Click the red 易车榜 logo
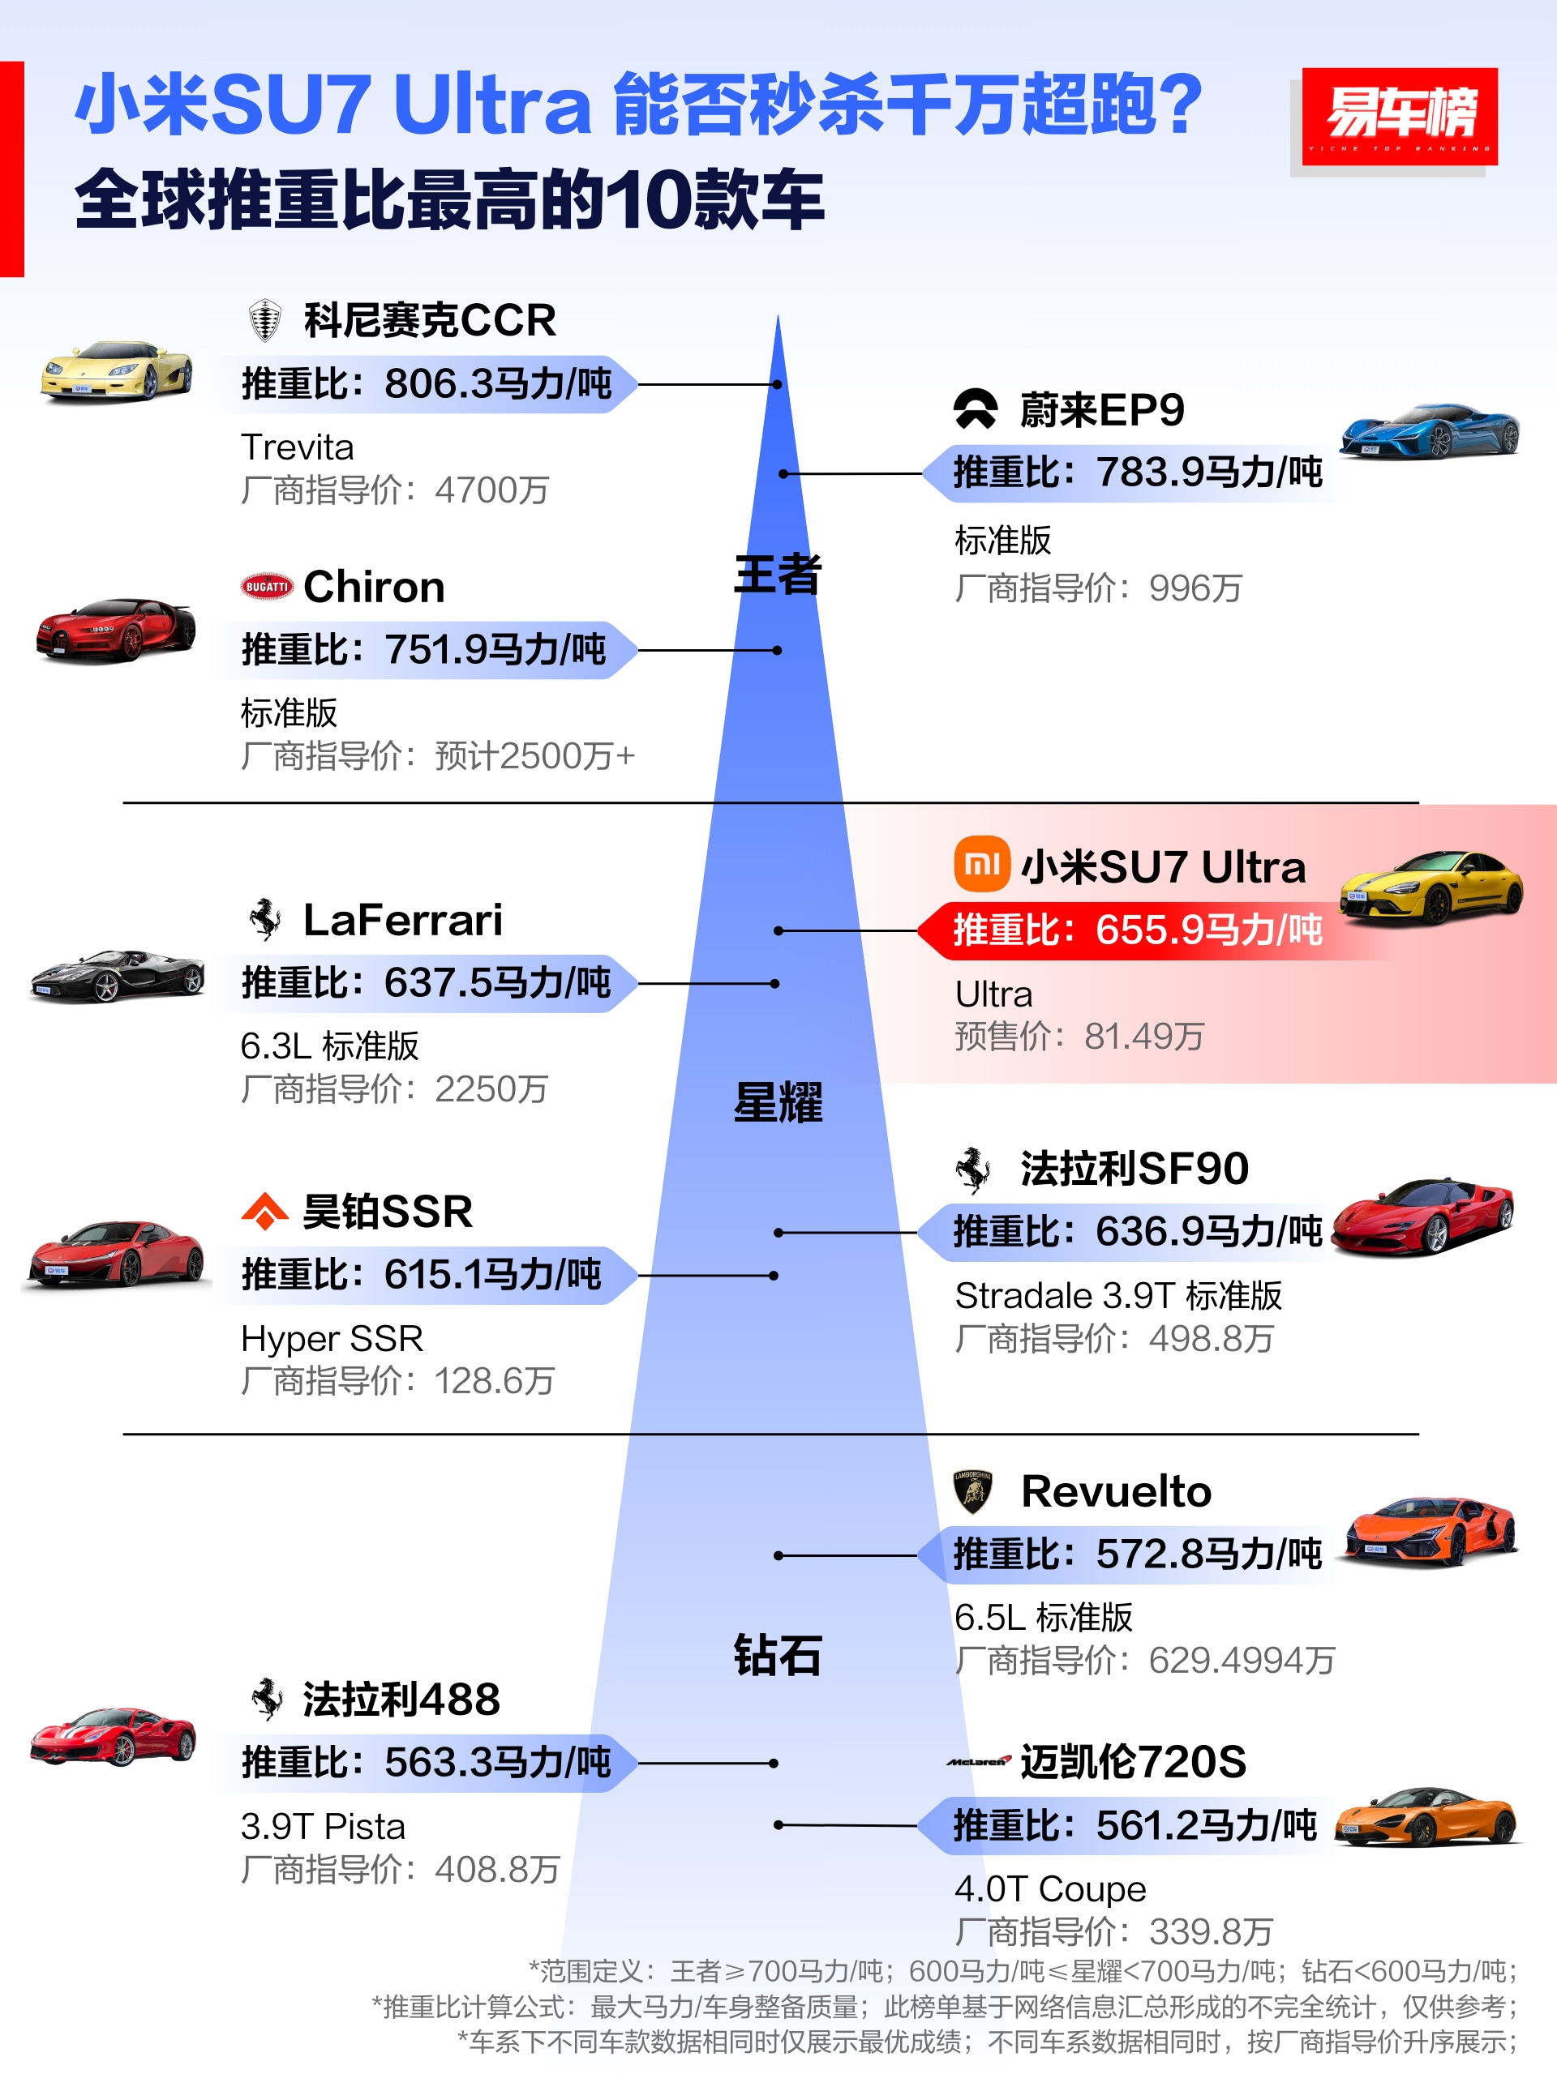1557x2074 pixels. tap(1399, 116)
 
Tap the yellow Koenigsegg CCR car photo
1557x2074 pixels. tap(116, 371)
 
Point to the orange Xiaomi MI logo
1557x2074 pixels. tap(982, 863)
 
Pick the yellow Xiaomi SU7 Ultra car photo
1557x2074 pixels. tap(1431, 886)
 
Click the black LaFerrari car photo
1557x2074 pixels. tap(116, 976)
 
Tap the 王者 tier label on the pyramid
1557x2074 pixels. tap(778, 574)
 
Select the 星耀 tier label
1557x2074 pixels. tap(778, 1102)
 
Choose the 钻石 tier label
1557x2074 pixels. tap(778, 1656)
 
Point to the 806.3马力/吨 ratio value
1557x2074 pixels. tap(498, 383)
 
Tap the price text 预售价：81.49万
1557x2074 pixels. tap(1079, 1036)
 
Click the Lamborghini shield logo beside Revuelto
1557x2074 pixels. tap(972, 1492)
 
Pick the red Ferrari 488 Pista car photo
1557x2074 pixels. tap(114, 1737)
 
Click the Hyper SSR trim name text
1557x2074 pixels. tap(332, 1338)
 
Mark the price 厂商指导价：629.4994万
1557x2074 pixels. tap(1145, 1661)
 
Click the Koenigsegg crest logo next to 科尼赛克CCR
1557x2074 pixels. tap(265, 319)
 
